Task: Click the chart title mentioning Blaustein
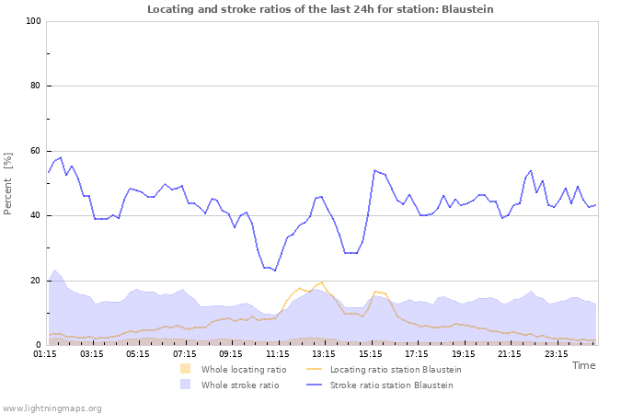pyautogui.click(x=320, y=9)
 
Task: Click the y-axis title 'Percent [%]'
pyautogui.click(x=9, y=182)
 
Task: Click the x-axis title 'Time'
pyautogui.click(x=583, y=365)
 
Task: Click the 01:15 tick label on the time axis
pyautogui.click(x=44, y=352)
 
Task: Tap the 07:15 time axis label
pyautogui.click(x=184, y=352)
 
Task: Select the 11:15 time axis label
pyautogui.click(x=277, y=352)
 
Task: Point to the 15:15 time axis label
pyautogui.click(x=370, y=352)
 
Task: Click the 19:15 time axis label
pyautogui.click(x=463, y=352)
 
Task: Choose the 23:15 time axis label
pyautogui.click(x=556, y=352)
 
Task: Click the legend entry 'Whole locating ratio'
pyautogui.click(x=243, y=370)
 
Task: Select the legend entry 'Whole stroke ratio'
pyautogui.click(x=239, y=385)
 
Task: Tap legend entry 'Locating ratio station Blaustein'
pyautogui.click(x=395, y=370)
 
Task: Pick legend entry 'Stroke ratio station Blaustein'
pyautogui.click(x=391, y=385)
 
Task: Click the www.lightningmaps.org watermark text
pyautogui.click(x=52, y=408)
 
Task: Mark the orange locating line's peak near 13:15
pyautogui.click(x=321, y=282)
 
